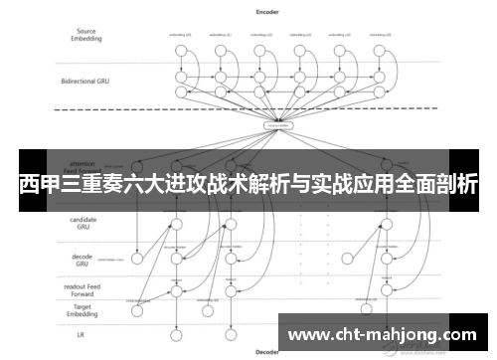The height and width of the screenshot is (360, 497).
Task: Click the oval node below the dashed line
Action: [x=276, y=126]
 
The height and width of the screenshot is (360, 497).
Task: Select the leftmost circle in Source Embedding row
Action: [x=181, y=47]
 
